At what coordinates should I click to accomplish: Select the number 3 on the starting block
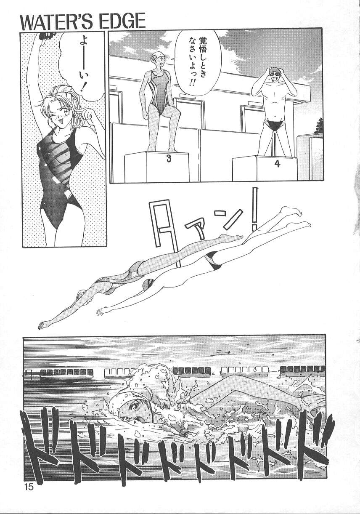point(169,159)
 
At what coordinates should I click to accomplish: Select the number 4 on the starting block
point(277,164)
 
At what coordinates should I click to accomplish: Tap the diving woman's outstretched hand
point(45,324)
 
